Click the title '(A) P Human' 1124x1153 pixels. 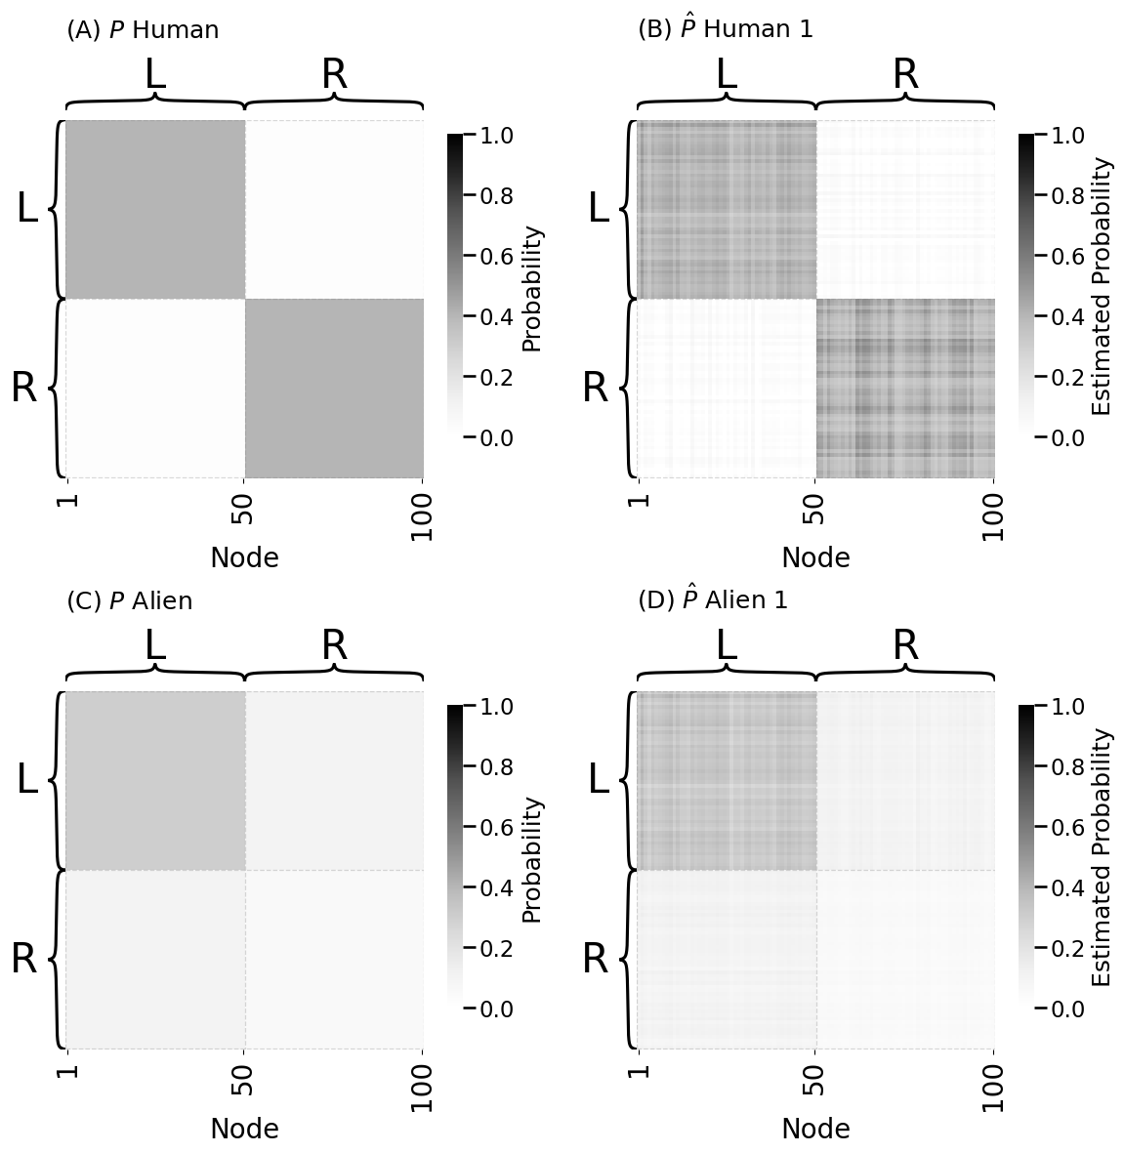[x=143, y=30]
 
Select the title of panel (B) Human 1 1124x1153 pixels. [x=725, y=29]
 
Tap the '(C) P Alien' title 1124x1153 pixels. [x=129, y=601]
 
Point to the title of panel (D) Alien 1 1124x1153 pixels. [x=712, y=600]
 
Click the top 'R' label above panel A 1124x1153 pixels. [x=334, y=75]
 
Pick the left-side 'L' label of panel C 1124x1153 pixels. [x=27, y=779]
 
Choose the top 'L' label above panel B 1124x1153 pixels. [x=726, y=75]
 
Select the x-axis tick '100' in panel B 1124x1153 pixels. [x=993, y=517]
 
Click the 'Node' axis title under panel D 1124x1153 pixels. [x=815, y=1129]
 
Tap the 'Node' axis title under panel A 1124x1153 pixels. [x=244, y=557]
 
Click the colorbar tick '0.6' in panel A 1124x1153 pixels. [x=496, y=257]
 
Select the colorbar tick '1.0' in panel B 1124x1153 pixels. [x=1067, y=136]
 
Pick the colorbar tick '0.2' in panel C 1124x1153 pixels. [x=496, y=949]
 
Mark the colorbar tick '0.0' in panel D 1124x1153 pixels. [x=1067, y=1009]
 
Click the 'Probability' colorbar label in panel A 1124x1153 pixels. [x=532, y=288]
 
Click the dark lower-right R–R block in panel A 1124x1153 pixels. [x=334, y=388]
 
